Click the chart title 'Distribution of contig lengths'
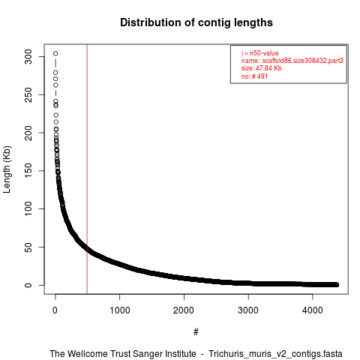point(196,22)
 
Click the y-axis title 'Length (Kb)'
point(7,169)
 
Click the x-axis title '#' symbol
point(196,332)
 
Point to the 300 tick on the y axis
point(28,57)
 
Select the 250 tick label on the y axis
point(28,94)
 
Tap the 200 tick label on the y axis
point(28,133)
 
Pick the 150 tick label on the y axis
point(28,171)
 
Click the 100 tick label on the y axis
point(28,208)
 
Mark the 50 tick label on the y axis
point(28,247)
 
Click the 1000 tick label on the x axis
point(120,310)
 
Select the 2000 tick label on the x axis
point(184,310)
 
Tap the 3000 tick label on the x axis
point(248,310)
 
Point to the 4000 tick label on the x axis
point(313,310)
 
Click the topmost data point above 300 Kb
point(55,53)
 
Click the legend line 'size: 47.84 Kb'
point(262,68)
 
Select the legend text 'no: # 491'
point(254,76)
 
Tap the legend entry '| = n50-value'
point(259,53)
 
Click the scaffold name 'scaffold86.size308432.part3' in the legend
point(303,61)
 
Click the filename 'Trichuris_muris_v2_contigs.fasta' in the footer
point(275,354)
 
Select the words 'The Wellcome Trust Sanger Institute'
point(123,354)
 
